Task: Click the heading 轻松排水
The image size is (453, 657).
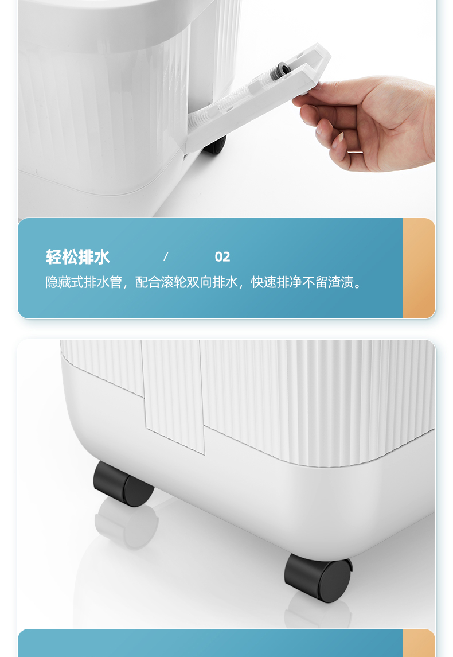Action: [78, 257]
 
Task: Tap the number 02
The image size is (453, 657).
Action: [222, 257]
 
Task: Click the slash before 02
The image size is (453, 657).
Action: [166, 256]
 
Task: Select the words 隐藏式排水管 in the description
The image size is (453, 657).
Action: [83, 282]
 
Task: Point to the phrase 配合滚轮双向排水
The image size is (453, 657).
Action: [186, 282]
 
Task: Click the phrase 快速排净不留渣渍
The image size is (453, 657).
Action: [302, 282]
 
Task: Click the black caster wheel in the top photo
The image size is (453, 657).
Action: [215, 145]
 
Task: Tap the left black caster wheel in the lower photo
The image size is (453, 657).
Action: [123, 484]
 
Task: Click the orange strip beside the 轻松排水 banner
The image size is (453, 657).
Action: [419, 268]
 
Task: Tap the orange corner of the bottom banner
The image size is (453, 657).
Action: [419, 643]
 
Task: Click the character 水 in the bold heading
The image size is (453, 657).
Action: [102, 257]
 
